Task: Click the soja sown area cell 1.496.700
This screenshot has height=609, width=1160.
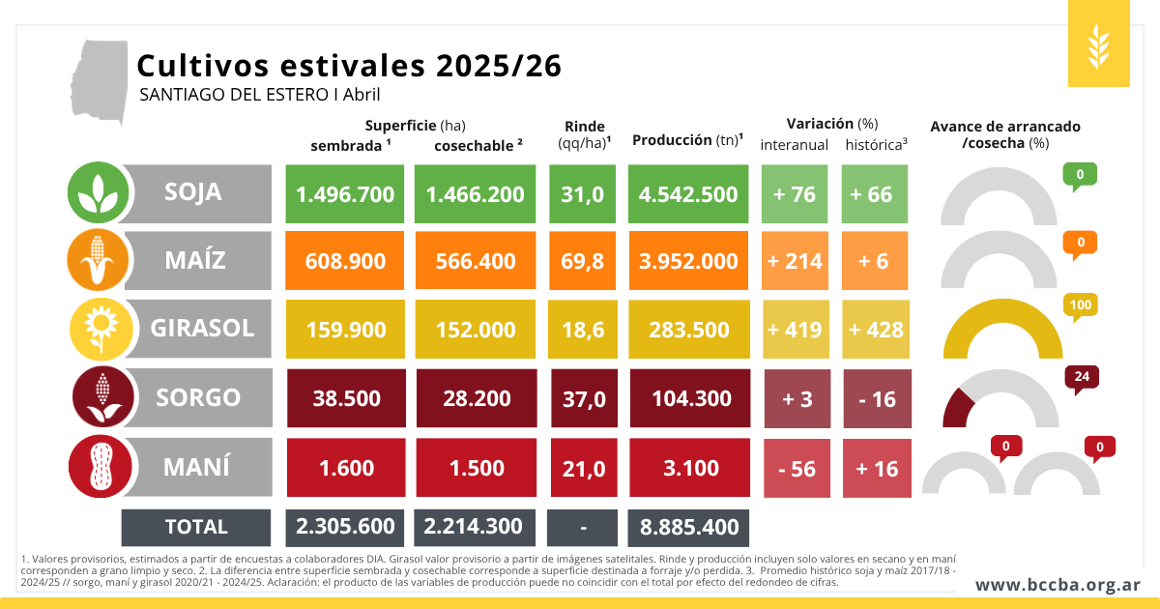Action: [345, 193]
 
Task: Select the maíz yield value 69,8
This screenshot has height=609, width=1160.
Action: [583, 261]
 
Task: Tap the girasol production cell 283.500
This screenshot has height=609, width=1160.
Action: [688, 330]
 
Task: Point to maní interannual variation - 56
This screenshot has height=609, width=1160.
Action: [797, 469]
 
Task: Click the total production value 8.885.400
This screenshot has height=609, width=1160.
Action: [688, 527]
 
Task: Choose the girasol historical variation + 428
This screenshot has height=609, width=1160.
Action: [876, 330]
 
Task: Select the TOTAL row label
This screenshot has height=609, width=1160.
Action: [196, 527]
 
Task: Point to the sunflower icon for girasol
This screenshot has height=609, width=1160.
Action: [99, 330]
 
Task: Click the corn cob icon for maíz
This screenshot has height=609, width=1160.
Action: [99, 261]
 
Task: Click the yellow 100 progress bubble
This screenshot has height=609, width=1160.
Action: [1080, 306]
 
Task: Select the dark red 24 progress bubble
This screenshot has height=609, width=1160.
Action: [1080, 377]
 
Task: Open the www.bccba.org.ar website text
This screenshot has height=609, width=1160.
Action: [1058, 585]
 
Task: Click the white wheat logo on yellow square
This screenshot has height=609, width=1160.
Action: [1099, 43]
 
